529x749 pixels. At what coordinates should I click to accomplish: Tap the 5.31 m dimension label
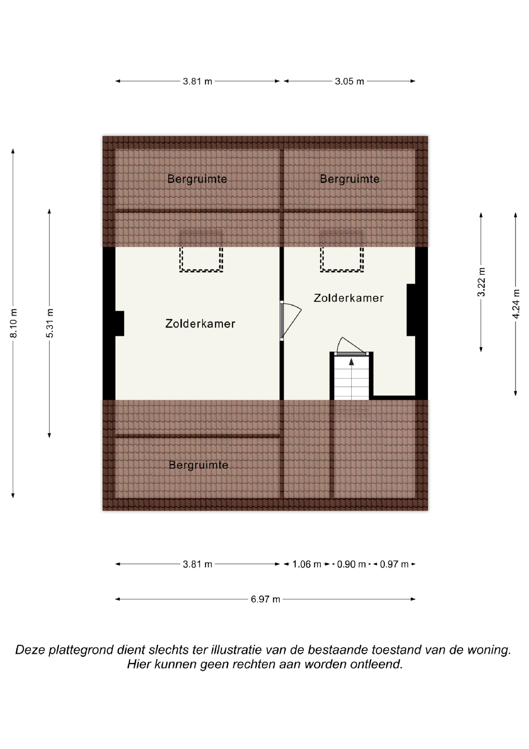[49, 323]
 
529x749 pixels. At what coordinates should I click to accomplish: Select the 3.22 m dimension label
[481, 282]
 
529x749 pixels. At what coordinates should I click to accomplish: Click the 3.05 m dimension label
[349, 81]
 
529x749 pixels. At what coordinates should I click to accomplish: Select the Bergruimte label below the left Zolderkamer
[198, 465]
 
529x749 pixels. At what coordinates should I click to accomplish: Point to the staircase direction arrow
[351, 361]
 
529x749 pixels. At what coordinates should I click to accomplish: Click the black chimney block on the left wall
[120, 323]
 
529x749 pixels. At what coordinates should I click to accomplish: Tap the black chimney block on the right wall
[411, 310]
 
